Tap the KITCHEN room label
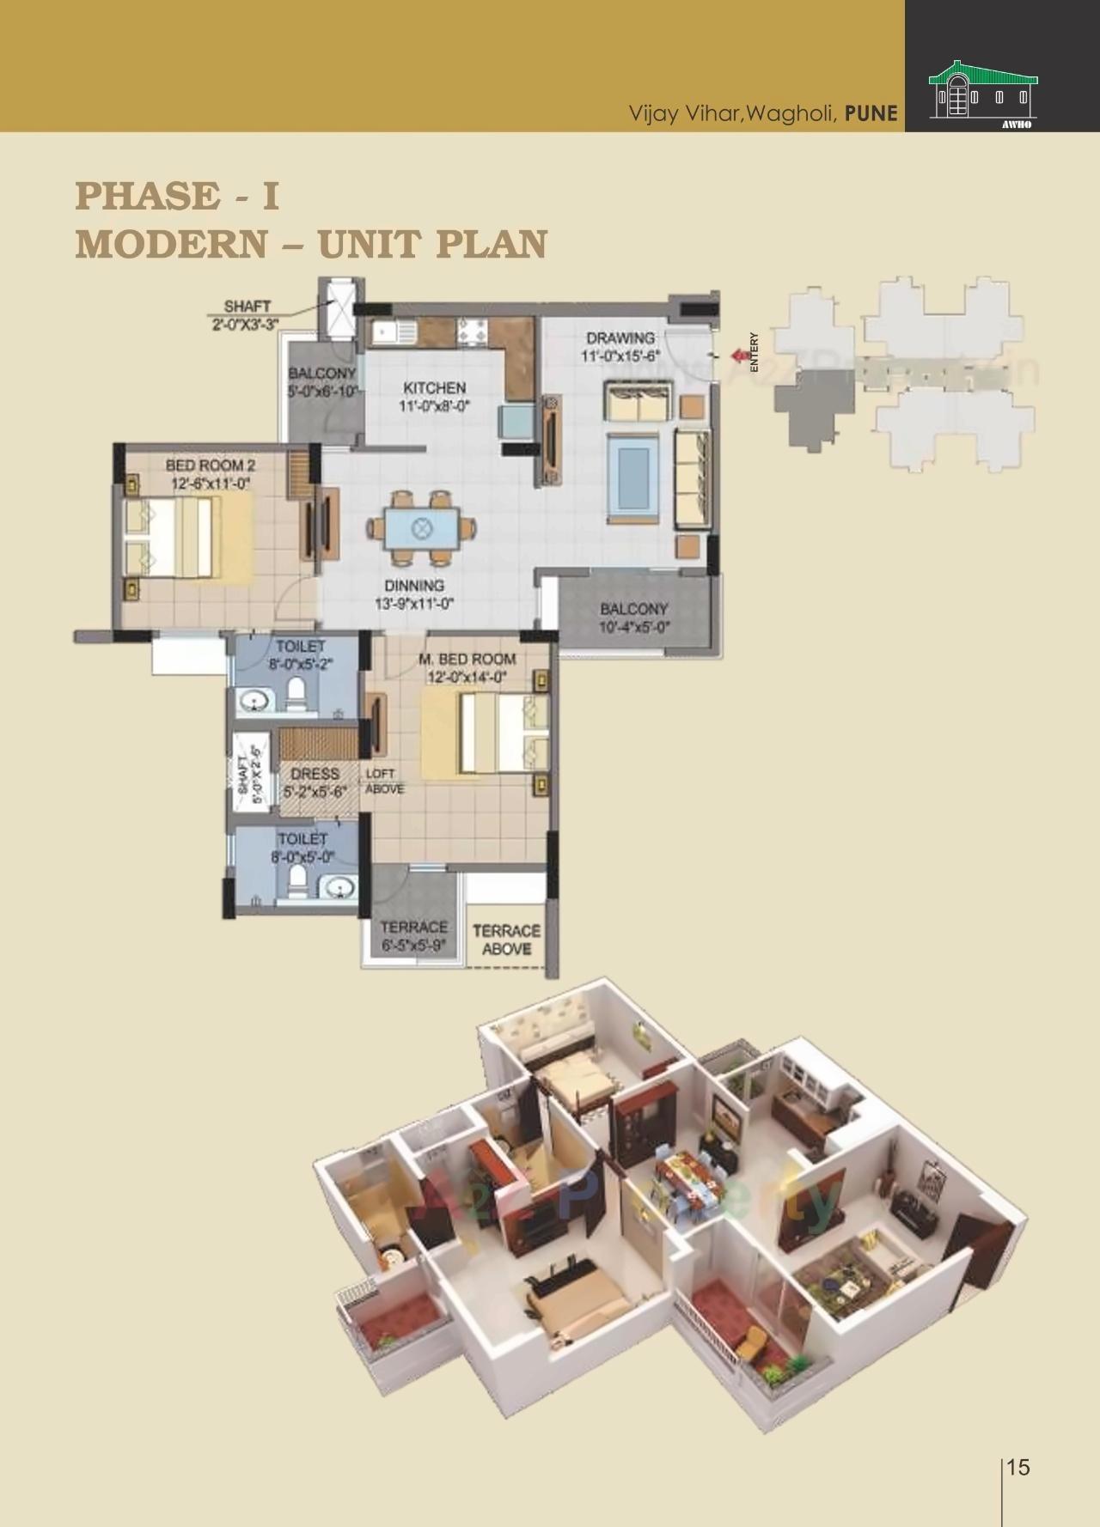pos(434,389)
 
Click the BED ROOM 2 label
pos(211,465)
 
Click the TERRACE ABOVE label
pos(506,940)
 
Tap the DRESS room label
pos(315,775)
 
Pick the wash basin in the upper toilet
pos(255,701)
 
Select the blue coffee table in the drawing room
pos(632,477)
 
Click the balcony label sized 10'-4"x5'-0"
pos(634,617)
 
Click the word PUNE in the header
pos(871,113)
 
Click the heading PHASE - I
pos(177,196)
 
